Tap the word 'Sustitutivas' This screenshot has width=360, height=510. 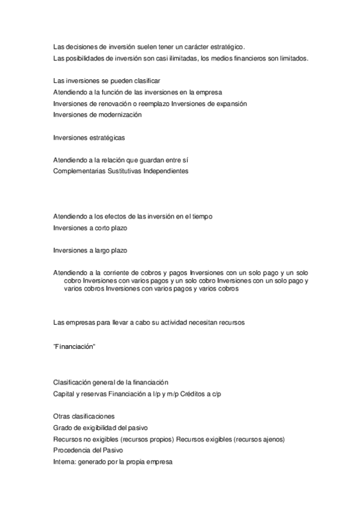tap(124, 171)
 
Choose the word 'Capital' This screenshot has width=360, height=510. tap(64, 394)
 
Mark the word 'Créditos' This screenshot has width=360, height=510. tap(194, 394)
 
